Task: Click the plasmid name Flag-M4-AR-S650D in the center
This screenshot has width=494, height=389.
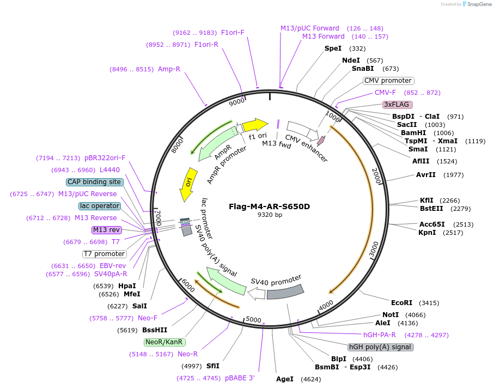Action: (269, 206)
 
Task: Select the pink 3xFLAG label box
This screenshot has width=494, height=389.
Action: (397, 104)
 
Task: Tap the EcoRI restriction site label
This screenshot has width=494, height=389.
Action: (401, 302)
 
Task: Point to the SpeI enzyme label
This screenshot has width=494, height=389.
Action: (333, 48)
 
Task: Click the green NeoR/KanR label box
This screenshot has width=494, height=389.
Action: (164, 342)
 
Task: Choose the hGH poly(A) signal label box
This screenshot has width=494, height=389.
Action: (380, 347)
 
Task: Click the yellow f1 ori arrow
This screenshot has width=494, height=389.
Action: (254, 125)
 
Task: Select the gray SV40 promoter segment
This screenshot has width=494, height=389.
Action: (284, 292)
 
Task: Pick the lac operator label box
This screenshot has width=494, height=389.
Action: (99, 206)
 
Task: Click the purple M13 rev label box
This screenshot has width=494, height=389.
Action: (106, 230)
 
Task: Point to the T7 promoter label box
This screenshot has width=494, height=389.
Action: (105, 254)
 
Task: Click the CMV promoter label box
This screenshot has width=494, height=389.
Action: (388, 81)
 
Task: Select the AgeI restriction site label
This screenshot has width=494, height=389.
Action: (284, 379)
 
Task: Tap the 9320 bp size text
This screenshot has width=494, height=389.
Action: (269, 215)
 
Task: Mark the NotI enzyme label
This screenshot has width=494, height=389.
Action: (390, 314)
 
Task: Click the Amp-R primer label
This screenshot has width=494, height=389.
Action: (169, 69)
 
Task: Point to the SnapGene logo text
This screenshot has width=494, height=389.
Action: (477, 4)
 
